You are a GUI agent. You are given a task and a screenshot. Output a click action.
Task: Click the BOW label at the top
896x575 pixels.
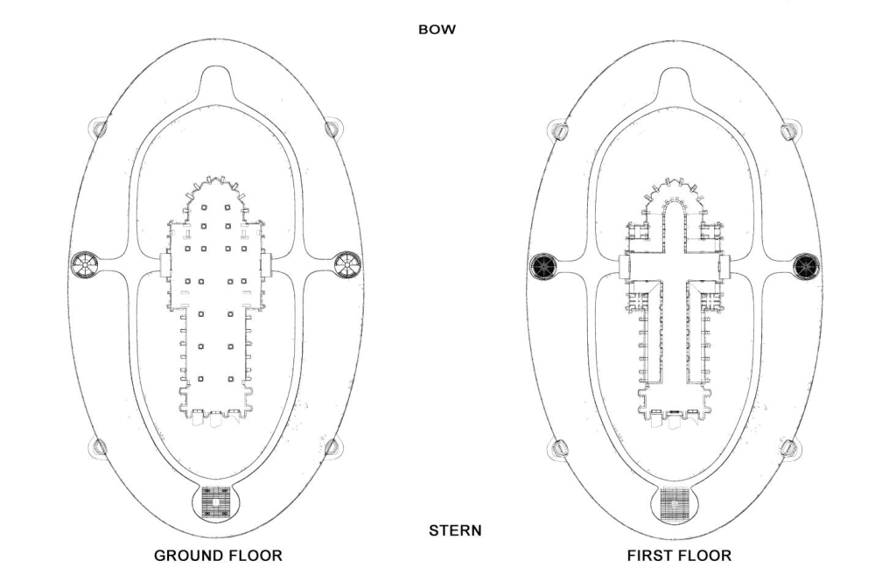coord(437,30)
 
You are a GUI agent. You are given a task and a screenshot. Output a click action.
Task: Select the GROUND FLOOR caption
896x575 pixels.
coord(218,556)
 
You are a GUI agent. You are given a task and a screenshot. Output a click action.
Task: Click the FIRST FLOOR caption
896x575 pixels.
coord(679,556)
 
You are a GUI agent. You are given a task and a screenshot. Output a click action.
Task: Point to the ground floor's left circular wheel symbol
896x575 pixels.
coord(87,263)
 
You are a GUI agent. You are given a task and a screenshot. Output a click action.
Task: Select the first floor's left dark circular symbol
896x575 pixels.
coord(544,264)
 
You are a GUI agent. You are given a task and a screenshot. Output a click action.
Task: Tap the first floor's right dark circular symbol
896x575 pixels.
coord(805,264)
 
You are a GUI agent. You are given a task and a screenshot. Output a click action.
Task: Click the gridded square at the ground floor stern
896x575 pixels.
coord(216,503)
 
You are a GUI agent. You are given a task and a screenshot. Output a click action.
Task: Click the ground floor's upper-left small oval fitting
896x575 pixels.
coord(101,129)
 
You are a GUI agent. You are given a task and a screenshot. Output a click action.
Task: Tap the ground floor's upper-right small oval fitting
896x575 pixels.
coord(332,129)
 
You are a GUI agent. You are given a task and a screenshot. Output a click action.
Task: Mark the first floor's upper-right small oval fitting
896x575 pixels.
coord(789,131)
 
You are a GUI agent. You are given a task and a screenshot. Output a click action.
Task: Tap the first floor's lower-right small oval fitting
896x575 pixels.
coord(789,448)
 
